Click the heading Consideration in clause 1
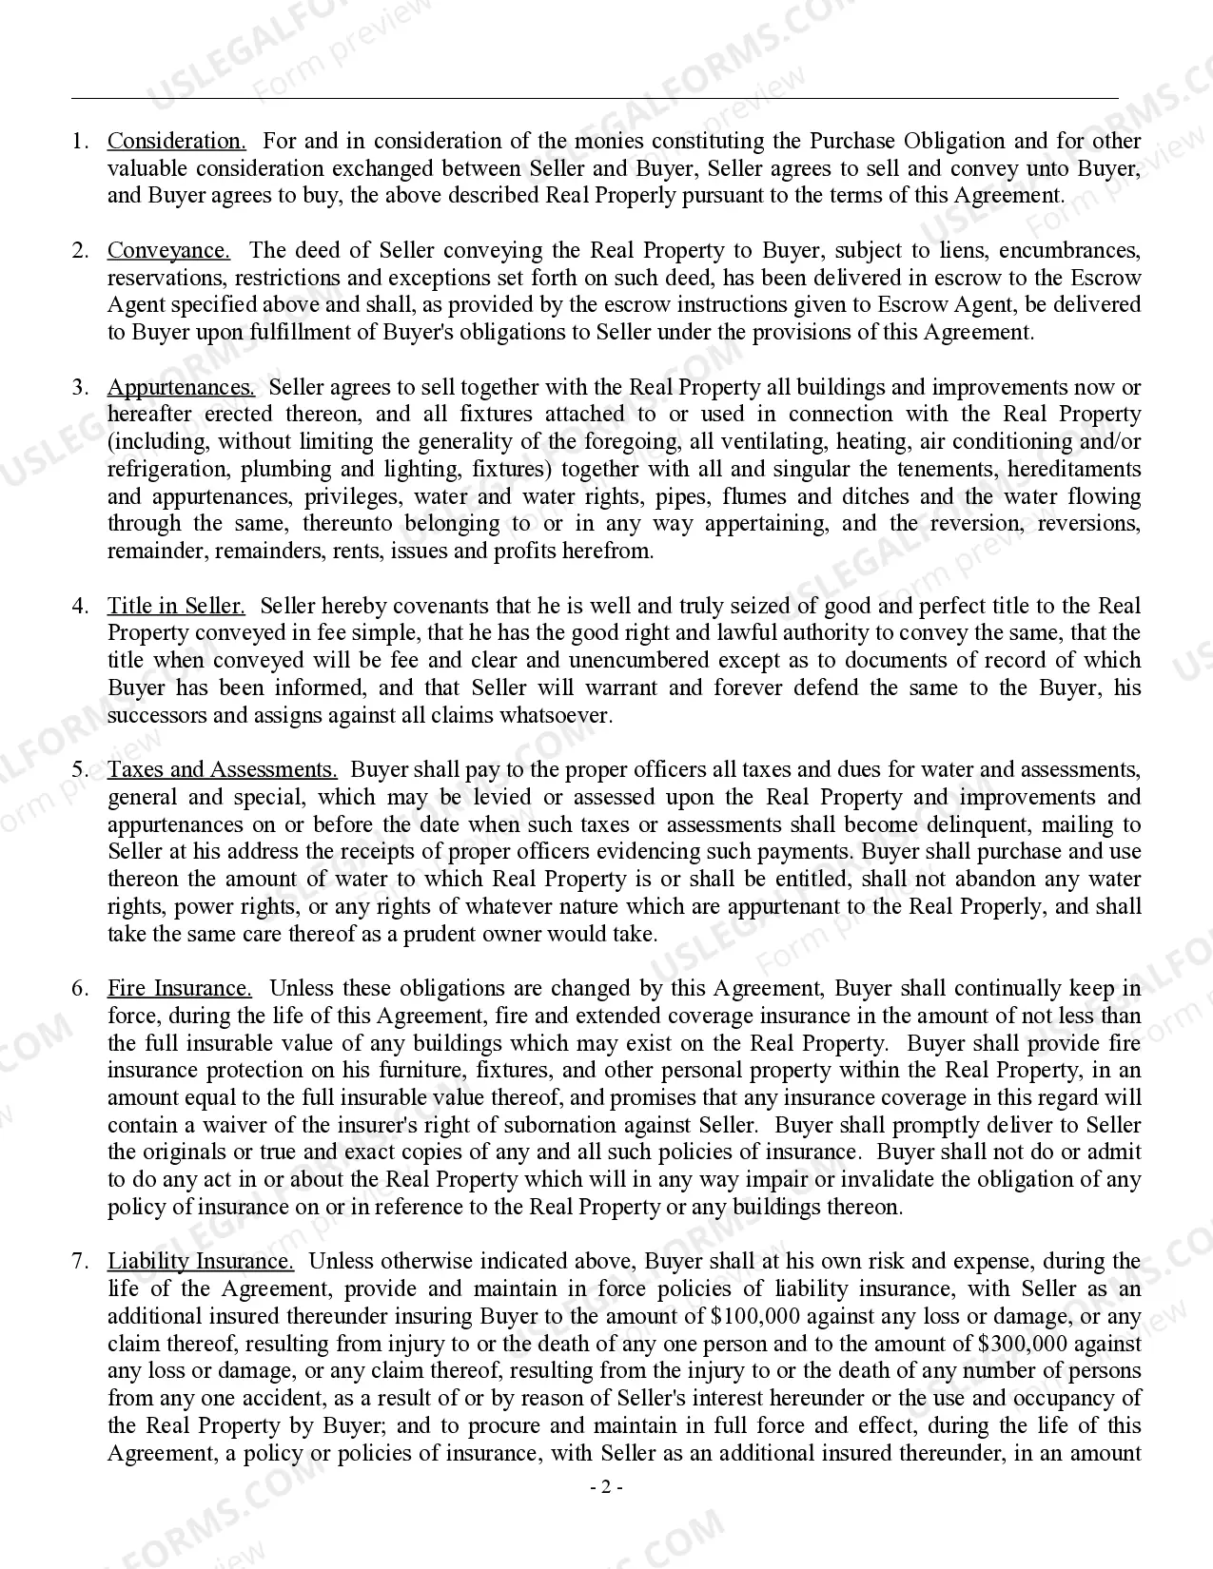176,141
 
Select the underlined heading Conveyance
168,250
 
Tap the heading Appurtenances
180,387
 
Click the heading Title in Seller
176,606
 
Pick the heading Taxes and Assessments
222,769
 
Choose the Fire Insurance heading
179,988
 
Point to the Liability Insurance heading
200,1261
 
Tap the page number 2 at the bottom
605,1487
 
